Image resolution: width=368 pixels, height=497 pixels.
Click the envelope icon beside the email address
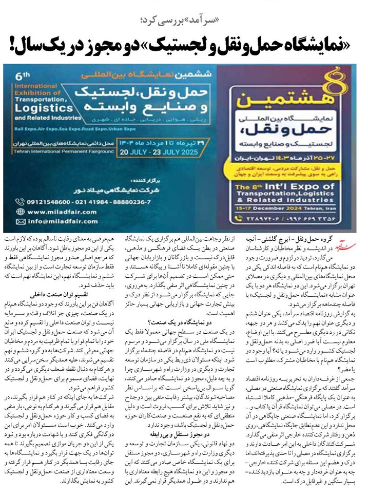point(20,222)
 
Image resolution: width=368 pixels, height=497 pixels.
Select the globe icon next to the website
point(20,211)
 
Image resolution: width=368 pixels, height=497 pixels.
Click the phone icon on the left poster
point(20,201)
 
